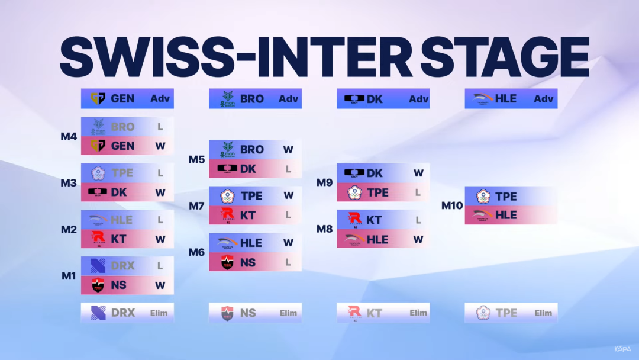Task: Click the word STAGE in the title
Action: click(x=505, y=57)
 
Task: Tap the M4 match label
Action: click(x=69, y=136)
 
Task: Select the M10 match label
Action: click(x=452, y=205)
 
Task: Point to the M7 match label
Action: click(x=196, y=206)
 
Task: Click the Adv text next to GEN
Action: click(x=160, y=99)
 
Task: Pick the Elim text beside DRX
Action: click(x=159, y=313)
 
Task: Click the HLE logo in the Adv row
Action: click(x=483, y=99)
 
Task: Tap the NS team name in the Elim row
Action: click(x=248, y=313)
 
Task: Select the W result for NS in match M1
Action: click(x=160, y=285)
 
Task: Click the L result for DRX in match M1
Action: click(x=160, y=266)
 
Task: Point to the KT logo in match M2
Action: click(x=98, y=239)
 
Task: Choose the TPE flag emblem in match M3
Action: click(x=98, y=173)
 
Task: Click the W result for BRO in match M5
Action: click(x=288, y=150)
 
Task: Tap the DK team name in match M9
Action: click(x=375, y=173)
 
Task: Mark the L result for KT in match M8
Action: click(x=418, y=220)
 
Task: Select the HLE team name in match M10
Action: click(x=506, y=216)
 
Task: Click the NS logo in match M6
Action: click(x=227, y=262)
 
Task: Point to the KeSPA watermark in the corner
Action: click(x=622, y=349)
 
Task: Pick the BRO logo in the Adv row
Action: click(x=227, y=99)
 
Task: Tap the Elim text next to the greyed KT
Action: click(x=418, y=313)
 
